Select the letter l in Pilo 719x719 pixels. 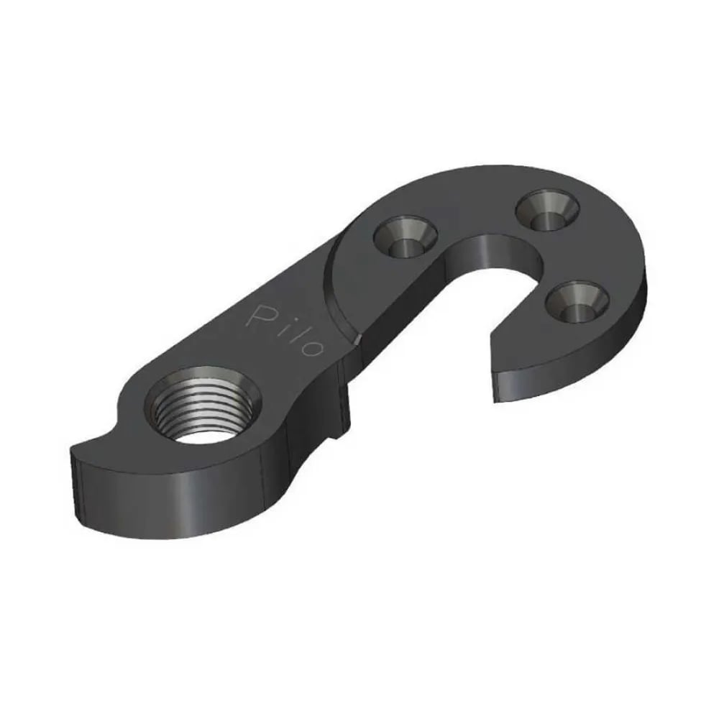point(293,334)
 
